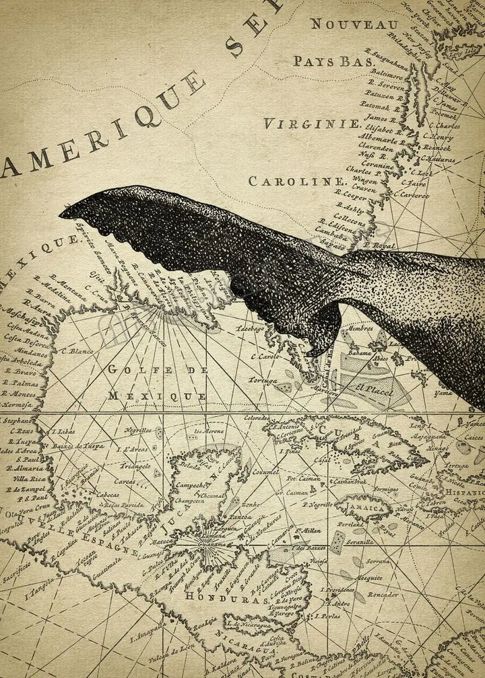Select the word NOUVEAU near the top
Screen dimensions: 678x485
click(354, 24)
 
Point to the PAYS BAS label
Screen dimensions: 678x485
click(333, 61)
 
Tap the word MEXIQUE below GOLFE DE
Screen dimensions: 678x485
click(158, 396)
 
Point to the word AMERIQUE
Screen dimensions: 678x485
click(101, 128)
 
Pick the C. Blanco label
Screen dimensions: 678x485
click(77, 350)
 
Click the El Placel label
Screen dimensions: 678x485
click(370, 388)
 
